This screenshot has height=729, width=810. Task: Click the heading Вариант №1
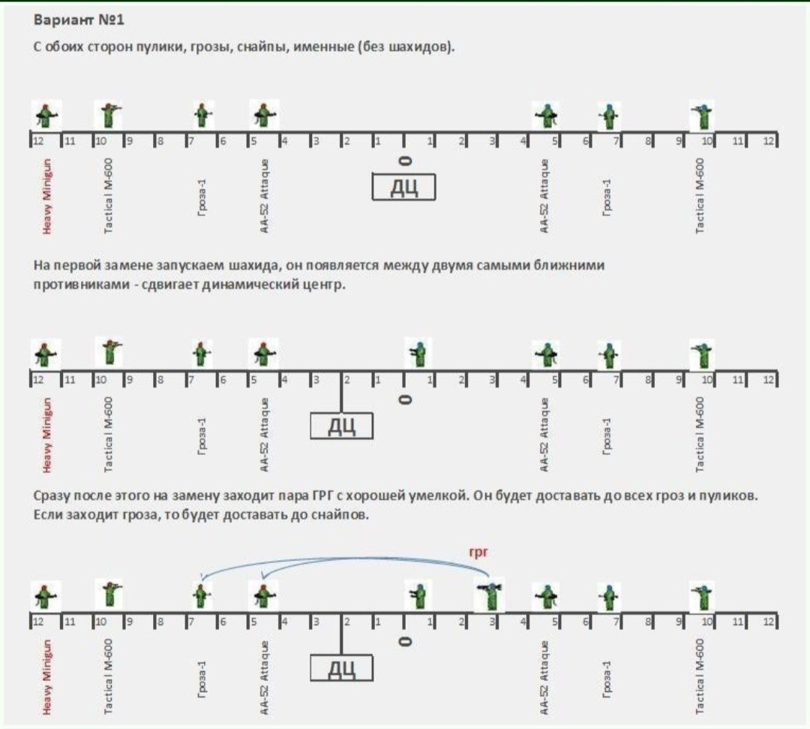click(x=79, y=20)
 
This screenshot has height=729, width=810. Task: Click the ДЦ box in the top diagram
click(x=403, y=187)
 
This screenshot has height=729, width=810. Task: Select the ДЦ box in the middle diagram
click(x=341, y=426)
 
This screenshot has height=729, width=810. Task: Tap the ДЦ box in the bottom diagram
click(x=341, y=668)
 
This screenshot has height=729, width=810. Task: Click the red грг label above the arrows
click(x=478, y=552)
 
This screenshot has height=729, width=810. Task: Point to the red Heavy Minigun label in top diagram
click(x=47, y=197)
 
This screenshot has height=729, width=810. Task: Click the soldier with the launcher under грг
click(x=489, y=595)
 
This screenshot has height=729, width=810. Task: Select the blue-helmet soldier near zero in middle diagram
click(x=418, y=353)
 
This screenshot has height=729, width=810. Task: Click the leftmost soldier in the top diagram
click(x=46, y=116)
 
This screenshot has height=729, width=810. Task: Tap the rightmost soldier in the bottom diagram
click(x=702, y=595)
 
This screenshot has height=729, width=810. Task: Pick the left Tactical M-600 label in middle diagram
click(x=108, y=434)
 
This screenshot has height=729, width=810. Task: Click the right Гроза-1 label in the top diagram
click(x=607, y=197)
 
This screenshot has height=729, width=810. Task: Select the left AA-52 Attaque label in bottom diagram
click(x=264, y=678)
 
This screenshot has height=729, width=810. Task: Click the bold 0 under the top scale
click(x=406, y=161)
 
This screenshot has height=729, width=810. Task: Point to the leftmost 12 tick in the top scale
click(x=38, y=140)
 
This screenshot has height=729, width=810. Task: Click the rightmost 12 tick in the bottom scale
click(x=769, y=622)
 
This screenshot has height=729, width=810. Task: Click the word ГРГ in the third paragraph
click(x=322, y=496)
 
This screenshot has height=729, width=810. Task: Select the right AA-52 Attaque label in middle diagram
click(x=544, y=434)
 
